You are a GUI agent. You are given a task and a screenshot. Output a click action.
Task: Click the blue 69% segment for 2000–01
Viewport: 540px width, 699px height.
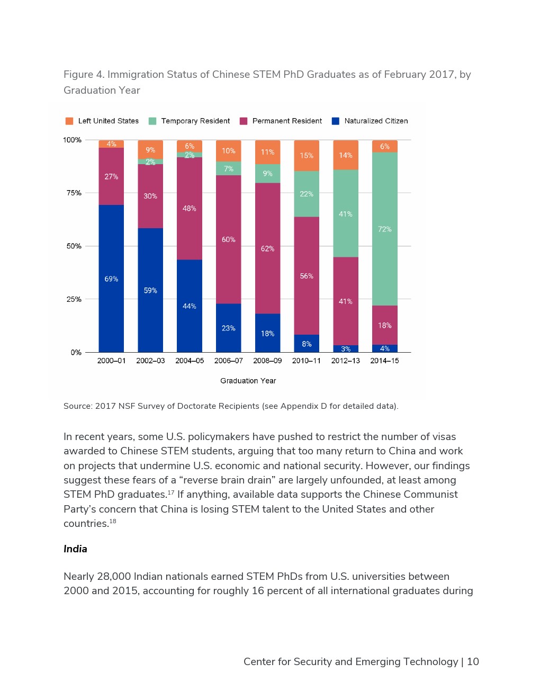(x=111, y=279)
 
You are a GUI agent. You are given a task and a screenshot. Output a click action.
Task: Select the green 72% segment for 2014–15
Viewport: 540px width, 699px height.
(x=384, y=229)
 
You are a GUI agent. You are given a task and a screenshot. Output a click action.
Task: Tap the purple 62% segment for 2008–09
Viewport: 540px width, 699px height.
(x=267, y=248)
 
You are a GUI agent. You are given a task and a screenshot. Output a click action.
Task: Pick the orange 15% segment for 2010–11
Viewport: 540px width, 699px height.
(x=307, y=155)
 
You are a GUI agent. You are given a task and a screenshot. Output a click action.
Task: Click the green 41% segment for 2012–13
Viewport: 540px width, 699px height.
(x=346, y=213)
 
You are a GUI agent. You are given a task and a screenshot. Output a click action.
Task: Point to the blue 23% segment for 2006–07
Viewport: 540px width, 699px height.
(x=228, y=328)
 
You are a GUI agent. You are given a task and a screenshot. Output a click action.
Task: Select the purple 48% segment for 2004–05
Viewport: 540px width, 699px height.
(x=190, y=208)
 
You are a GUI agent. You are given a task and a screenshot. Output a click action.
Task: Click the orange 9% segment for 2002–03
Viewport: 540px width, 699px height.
(x=150, y=149)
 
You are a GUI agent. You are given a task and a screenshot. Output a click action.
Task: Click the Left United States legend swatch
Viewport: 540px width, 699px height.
(x=69, y=121)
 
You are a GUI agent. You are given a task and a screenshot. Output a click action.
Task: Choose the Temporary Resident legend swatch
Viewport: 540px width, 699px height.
(x=152, y=121)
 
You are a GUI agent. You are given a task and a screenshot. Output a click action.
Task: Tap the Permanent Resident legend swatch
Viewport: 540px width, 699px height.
(x=244, y=121)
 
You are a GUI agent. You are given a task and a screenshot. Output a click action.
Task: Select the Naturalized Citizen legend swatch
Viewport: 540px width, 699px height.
(x=336, y=121)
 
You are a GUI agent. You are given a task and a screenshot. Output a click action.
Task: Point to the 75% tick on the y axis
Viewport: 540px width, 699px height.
(x=74, y=193)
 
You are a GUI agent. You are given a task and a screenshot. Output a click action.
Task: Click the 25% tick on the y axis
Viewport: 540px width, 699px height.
(x=74, y=299)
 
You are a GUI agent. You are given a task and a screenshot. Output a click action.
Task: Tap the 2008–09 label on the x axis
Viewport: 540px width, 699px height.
(x=267, y=361)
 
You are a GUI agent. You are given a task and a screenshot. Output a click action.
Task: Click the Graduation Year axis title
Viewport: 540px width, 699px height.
(x=248, y=381)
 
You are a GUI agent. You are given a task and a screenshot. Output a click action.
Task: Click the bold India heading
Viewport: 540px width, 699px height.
(x=75, y=549)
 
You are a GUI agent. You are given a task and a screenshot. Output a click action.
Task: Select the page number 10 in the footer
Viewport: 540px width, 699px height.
(x=473, y=661)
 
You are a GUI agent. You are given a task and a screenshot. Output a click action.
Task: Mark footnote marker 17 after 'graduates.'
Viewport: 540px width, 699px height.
(x=171, y=492)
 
